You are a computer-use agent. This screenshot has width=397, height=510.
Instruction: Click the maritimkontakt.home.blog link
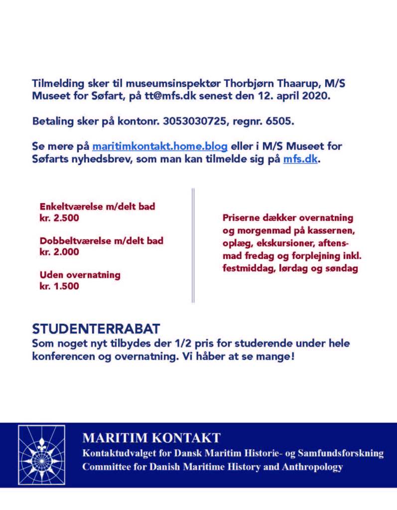tap(160, 147)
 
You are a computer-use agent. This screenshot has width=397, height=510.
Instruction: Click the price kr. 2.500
tap(59, 218)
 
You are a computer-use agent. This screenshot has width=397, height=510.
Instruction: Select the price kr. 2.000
tap(59, 252)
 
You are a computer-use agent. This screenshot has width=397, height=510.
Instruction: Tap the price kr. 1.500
tap(59, 286)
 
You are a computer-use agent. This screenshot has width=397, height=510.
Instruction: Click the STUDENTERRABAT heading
tap(96, 329)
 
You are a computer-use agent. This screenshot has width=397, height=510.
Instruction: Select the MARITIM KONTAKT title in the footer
tap(151, 438)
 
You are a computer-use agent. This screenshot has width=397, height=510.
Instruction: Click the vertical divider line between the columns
tap(193, 245)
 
